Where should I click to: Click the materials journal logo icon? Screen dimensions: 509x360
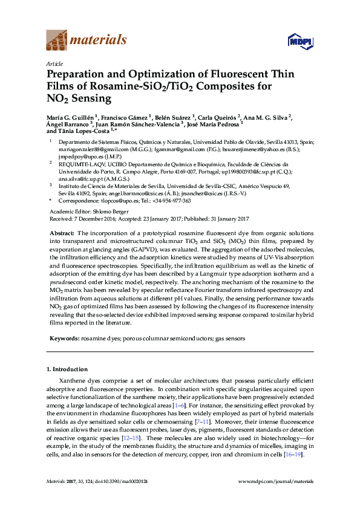(57, 41)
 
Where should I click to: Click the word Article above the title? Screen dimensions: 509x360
(53, 63)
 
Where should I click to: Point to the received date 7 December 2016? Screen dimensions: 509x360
(96, 218)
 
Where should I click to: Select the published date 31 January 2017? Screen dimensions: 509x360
(224, 218)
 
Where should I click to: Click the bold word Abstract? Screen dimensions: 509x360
(62, 233)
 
